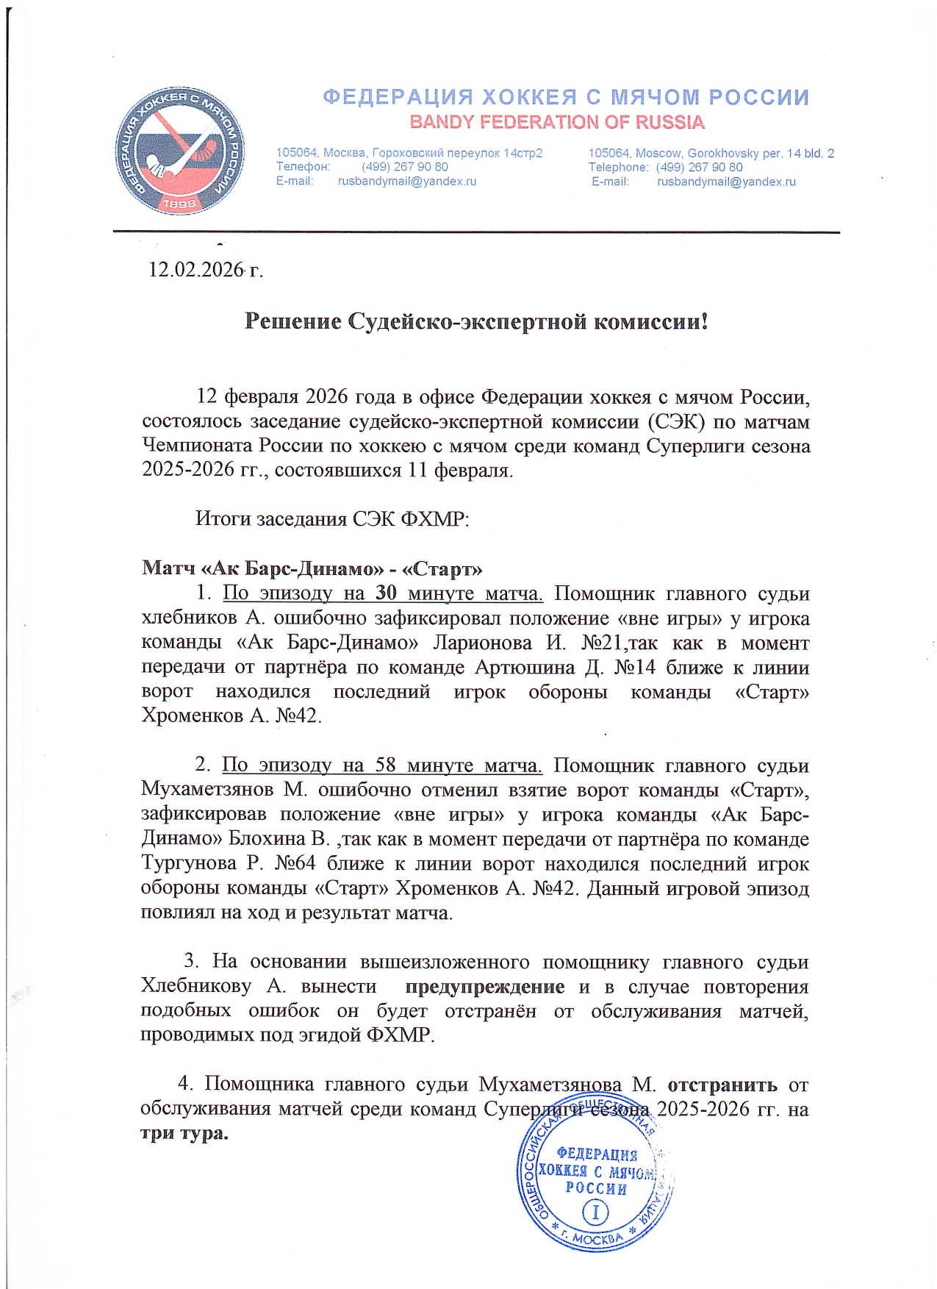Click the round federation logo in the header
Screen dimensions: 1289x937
180,151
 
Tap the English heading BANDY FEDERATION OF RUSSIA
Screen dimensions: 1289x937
556,122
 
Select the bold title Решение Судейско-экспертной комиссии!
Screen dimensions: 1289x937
475,321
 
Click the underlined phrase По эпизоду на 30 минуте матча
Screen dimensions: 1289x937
382,593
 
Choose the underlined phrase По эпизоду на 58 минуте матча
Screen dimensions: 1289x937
382,765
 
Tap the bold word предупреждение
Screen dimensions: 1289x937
485,987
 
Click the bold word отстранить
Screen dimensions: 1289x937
722,1085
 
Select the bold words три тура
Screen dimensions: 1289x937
184,1133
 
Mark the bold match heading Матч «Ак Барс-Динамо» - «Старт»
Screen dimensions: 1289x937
312,568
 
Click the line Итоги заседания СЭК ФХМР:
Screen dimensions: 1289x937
332,519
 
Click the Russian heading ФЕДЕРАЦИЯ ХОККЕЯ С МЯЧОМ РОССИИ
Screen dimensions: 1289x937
566,98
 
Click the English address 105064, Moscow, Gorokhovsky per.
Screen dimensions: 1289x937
711,154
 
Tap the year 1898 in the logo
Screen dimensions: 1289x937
179,204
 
